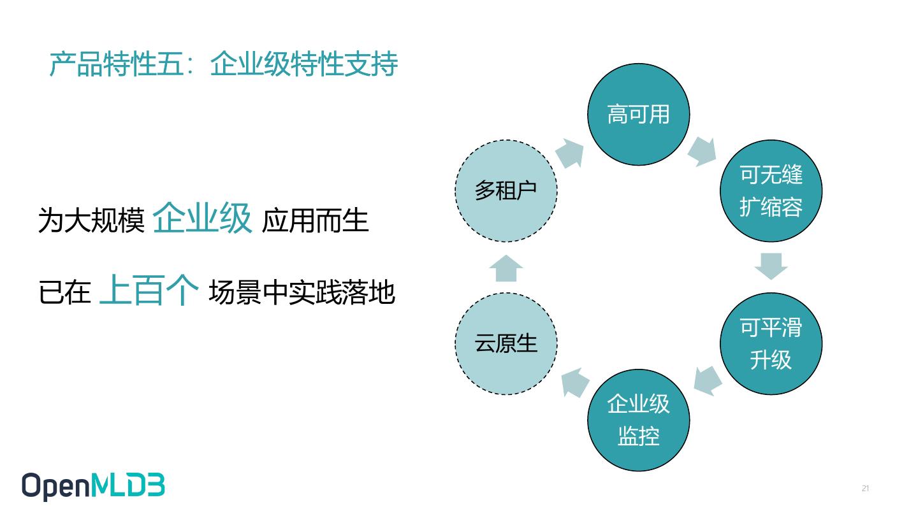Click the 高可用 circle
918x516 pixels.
click(638, 115)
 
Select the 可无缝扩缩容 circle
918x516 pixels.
click(771, 191)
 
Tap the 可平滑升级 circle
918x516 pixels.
click(771, 344)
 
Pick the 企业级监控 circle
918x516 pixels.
click(638, 420)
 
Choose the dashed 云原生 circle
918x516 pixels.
click(506, 344)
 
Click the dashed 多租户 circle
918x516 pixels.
click(506, 191)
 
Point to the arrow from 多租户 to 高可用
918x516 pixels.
click(569, 154)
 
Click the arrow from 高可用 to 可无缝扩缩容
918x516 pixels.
click(702, 151)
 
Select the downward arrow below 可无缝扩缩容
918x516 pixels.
click(771, 266)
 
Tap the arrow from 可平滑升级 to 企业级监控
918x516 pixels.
click(708, 380)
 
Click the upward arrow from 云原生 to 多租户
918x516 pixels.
click(506, 268)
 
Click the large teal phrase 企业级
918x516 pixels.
click(203, 219)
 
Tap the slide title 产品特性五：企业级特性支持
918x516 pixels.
click(224, 64)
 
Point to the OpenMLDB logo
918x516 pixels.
click(93, 487)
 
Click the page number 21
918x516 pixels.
click(865, 489)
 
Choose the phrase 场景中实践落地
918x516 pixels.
click(302, 293)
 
